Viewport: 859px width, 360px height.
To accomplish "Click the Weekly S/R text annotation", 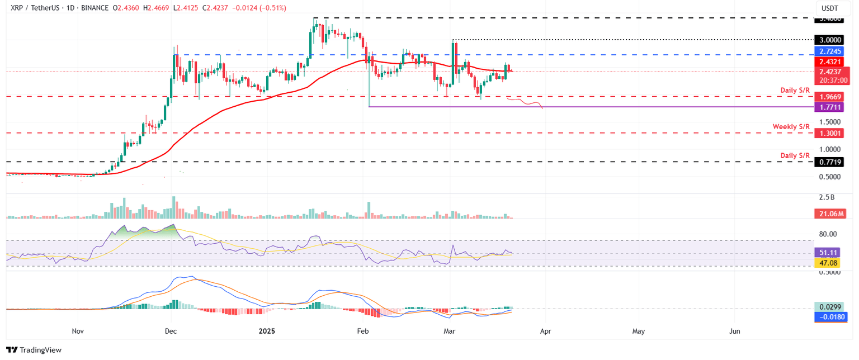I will point(791,127).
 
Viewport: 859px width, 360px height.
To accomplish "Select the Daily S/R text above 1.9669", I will point(795,90).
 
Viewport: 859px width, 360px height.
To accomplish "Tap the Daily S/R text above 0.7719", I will point(795,155).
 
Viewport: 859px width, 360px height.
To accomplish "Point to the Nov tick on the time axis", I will point(78,331).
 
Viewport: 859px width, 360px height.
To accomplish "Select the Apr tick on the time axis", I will point(546,331).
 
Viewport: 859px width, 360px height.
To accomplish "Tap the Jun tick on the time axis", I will point(735,331).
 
